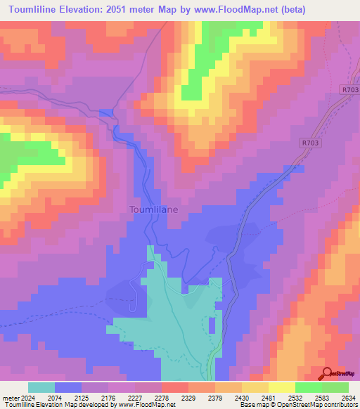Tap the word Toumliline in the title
[x=39, y=9]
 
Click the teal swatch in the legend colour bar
[x=41, y=387]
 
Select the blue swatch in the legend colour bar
[x=68, y=387]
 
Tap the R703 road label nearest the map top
[x=349, y=90]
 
